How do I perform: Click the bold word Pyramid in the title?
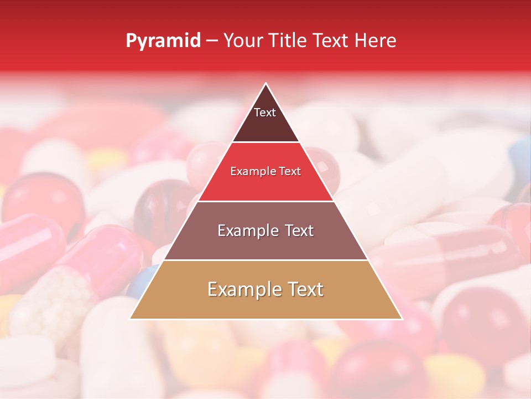click(x=163, y=41)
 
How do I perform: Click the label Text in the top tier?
click(x=265, y=112)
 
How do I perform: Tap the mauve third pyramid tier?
click(x=265, y=244)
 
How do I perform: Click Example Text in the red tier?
click(x=265, y=172)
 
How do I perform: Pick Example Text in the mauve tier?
click(x=265, y=231)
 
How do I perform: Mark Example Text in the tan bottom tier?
click(x=265, y=289)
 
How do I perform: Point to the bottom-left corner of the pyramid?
click(x=131, y=319)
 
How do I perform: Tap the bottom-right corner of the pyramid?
click(x=402, y=319)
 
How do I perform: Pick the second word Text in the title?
click(x=331, y=41)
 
